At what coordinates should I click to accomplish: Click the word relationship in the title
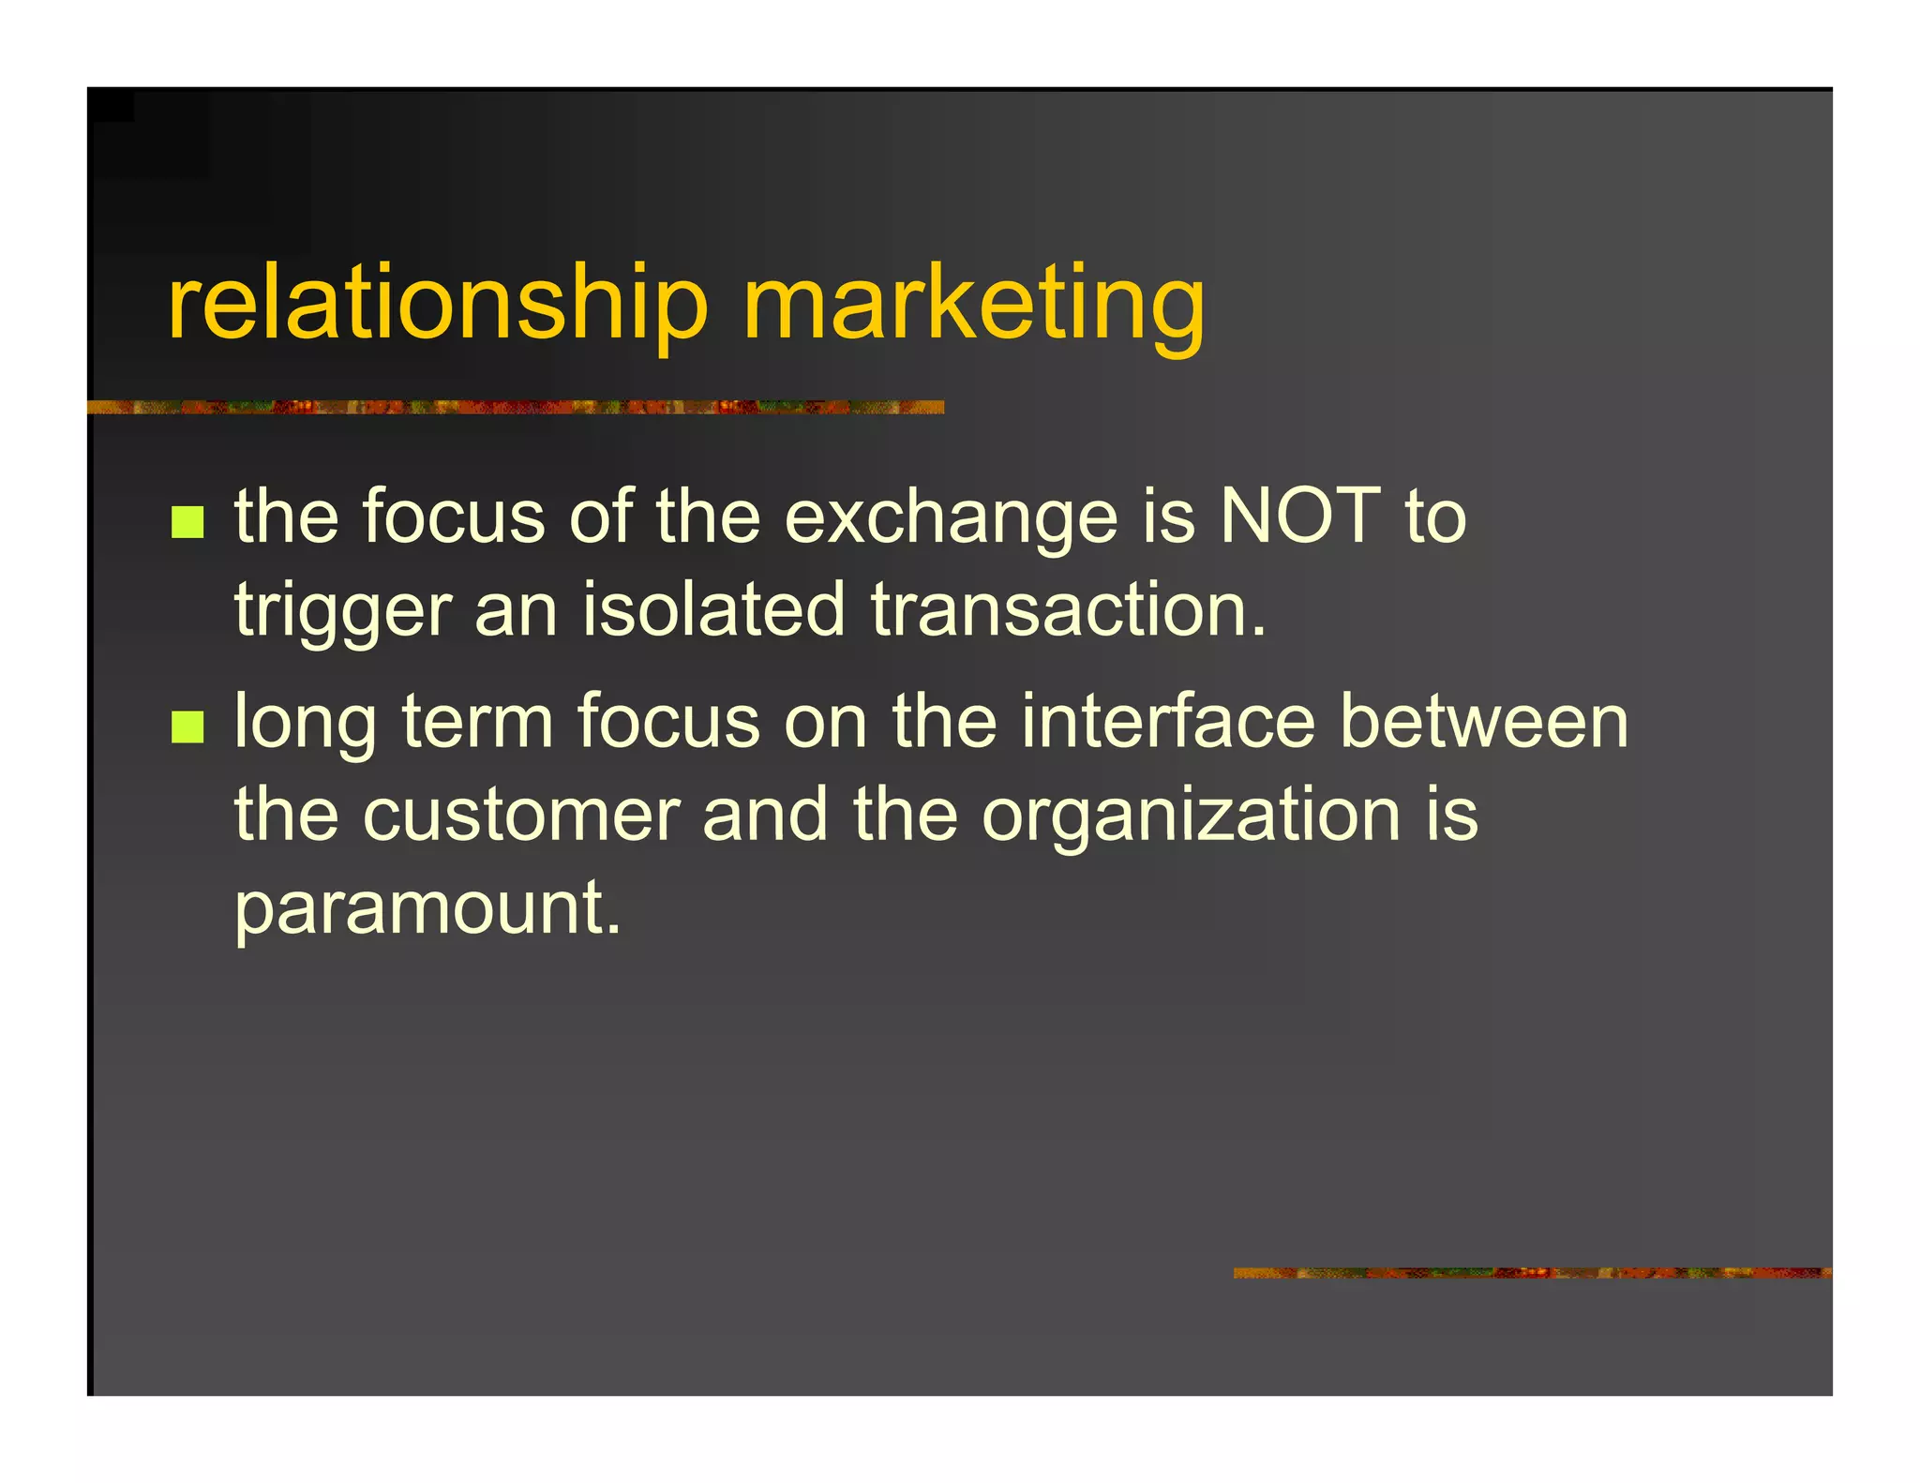[437, 305]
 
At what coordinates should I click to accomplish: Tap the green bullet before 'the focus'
[187, 522]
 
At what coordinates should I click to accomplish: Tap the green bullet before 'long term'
[187, 727]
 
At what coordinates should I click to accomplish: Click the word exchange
[951, 518]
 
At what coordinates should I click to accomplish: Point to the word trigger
[342, 611]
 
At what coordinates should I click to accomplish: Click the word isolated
[713, 609]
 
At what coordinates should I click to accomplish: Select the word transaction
[1068, 609]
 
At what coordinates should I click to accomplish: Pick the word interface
[1168, 721]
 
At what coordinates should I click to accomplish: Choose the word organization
[1191, 816]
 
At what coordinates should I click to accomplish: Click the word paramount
[427, 909]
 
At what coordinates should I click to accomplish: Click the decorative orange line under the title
[516, 407]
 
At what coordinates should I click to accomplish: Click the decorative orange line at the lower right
[1532, 1272]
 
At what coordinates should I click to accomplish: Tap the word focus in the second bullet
[668, 721]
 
